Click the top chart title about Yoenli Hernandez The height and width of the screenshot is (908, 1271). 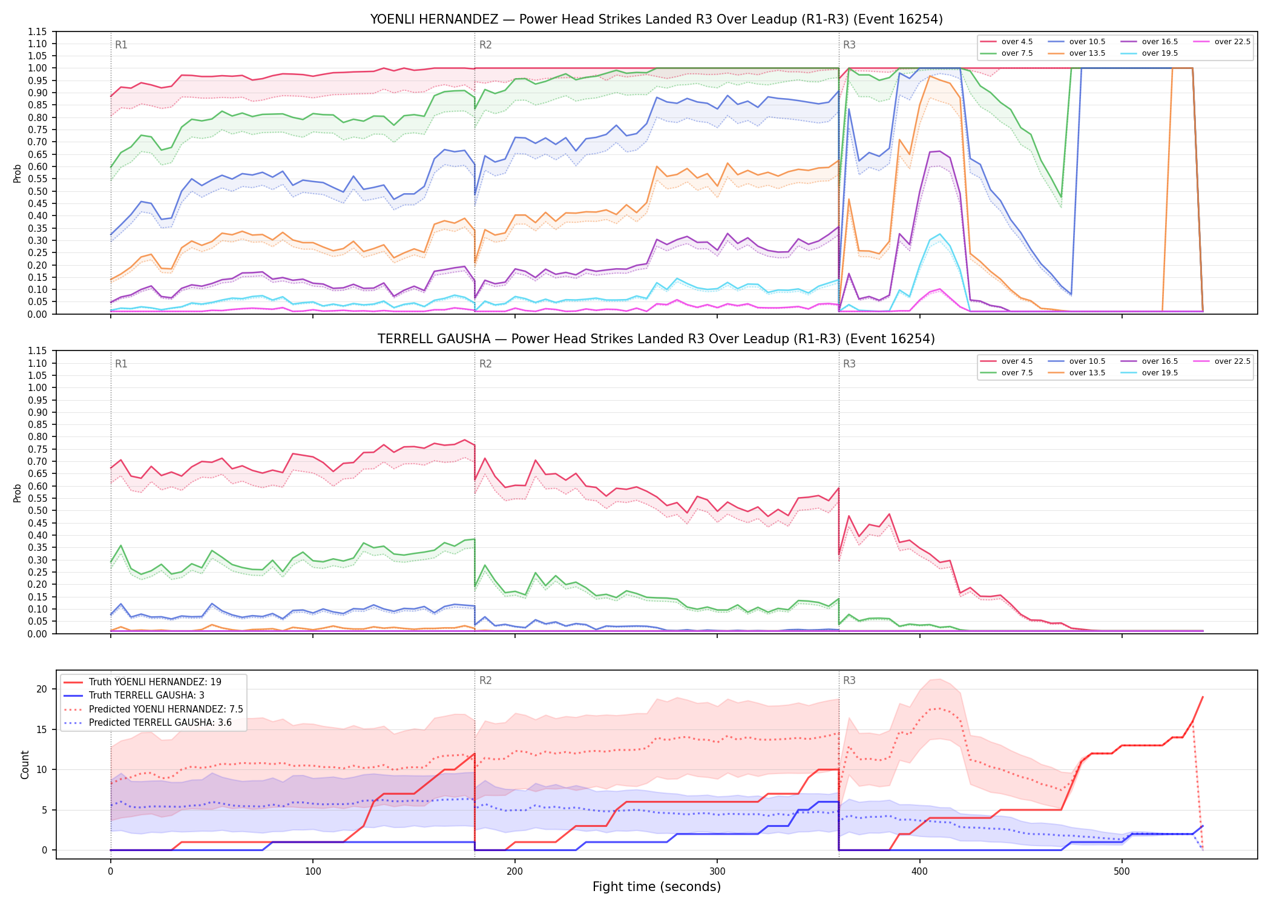click(657, 19)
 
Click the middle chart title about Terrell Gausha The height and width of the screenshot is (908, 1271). click(657, 339)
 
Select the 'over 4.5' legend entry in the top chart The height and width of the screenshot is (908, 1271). click(1007, 42)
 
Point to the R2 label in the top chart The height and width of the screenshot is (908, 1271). click(485, 45)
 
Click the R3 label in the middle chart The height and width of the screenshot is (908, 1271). click(849, 364)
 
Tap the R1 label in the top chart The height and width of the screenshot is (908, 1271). click(121, 45)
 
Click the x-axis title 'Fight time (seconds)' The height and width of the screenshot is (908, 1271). click(657, 887)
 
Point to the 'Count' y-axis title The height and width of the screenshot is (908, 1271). click(25, 765)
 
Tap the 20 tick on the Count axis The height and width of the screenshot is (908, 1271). click(42, 689)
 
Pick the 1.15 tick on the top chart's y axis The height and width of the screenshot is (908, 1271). click(37, 31)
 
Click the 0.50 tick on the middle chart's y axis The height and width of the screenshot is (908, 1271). click(37, 511)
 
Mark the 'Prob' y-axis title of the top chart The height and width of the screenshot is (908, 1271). click(18, 173)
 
